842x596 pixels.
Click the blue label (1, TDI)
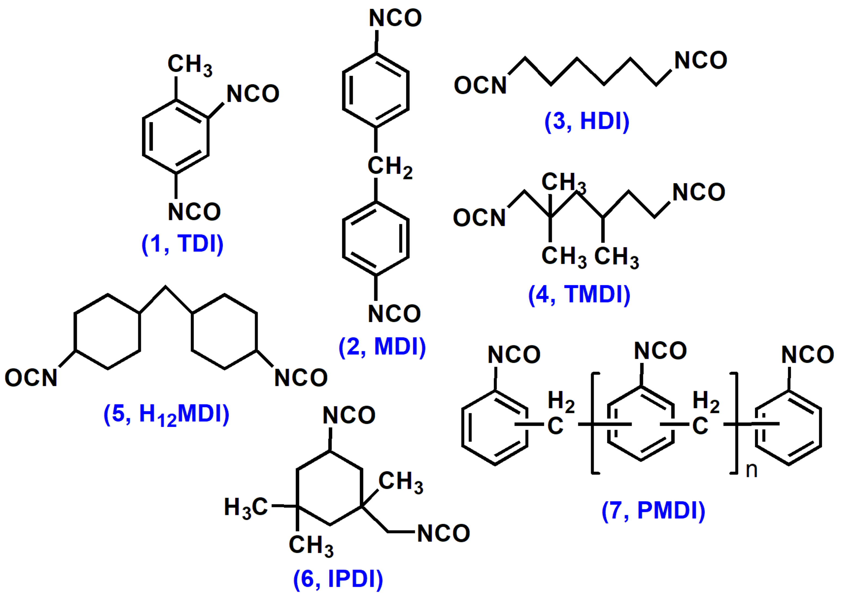point(182,244)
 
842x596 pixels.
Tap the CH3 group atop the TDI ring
point(189,65)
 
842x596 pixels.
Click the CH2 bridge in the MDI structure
point(389,167)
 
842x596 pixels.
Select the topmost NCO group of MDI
point(395,18)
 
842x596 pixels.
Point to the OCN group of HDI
point(480,85)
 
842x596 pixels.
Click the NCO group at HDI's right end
point(700,60)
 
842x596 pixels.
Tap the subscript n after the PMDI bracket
point(751,470)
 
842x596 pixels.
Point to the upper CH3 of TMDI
point(563,183)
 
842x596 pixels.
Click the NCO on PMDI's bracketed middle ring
point(660,351)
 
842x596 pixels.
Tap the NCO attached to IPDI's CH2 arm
point(443,533)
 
